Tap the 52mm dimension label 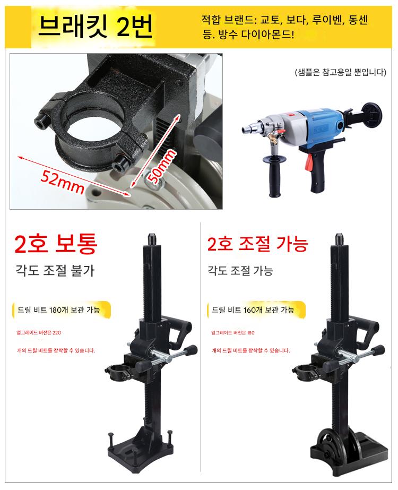tap(63, 182)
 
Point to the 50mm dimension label tap(161, 167)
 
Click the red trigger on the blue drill tap(309, 163)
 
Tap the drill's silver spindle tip tap(249, 128)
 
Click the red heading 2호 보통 tap(56, 244)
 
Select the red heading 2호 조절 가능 tap(258, 244)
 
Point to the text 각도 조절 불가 tap(55, 270)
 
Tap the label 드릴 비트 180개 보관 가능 tap(59, 310)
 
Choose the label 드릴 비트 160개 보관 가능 tap(253, 310)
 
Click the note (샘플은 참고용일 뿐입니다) tap(341, 73)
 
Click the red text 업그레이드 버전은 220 tap(39, 332)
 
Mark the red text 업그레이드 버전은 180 tap(233, 332)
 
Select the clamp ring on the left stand tap(119, 371)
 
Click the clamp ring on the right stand tap(306, 371)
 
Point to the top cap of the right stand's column tap(339, 239)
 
